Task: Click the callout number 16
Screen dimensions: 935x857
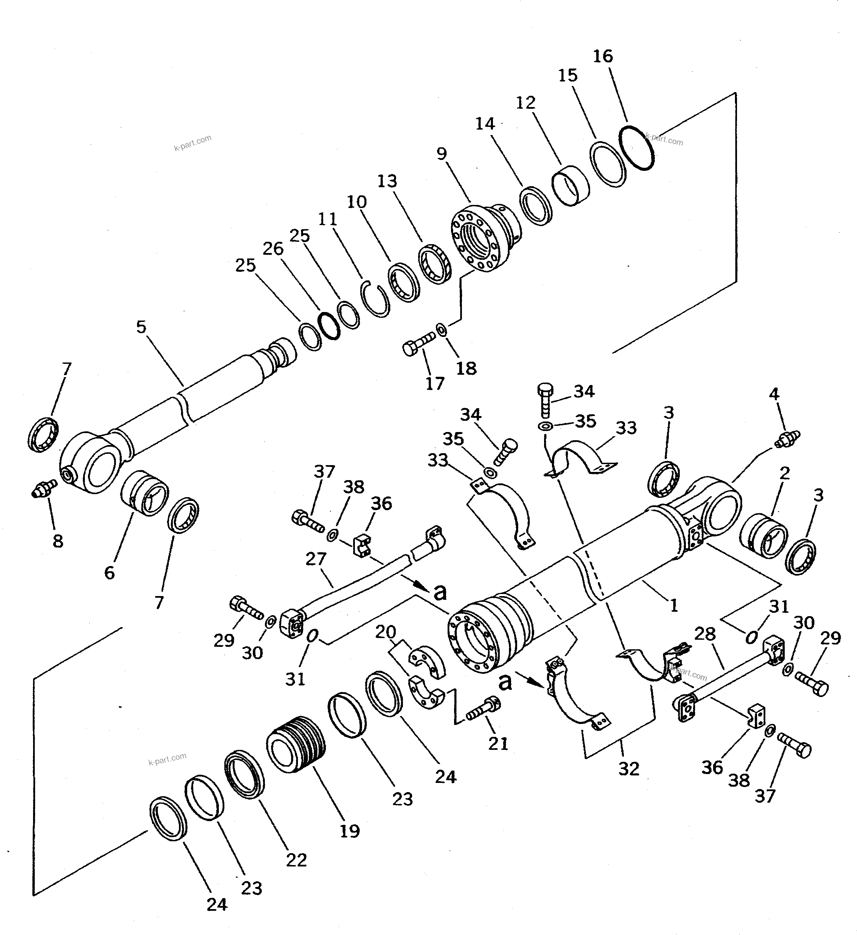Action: (603, 57)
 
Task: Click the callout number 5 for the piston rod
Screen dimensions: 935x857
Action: (141, 327)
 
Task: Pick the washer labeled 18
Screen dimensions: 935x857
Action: (441, 330)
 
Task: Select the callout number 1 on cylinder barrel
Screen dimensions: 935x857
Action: (673, 605)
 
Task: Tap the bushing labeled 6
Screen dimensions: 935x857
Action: (145, 494)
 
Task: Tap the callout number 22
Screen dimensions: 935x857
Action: (296, 860)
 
